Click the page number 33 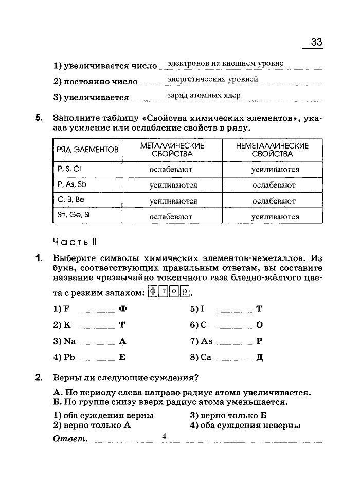click(316, 42)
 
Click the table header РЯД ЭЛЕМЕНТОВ click(88, 150)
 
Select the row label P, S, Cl click(69, 168)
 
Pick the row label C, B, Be click(71, 200)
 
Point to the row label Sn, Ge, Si click(74, 216)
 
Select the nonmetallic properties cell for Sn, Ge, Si click(275, 217)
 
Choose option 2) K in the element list click(62, 325)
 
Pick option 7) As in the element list click(201, 341)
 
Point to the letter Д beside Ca click(259, 357)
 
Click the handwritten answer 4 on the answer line click(165, 436)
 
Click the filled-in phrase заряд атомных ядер click(204, 96)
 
